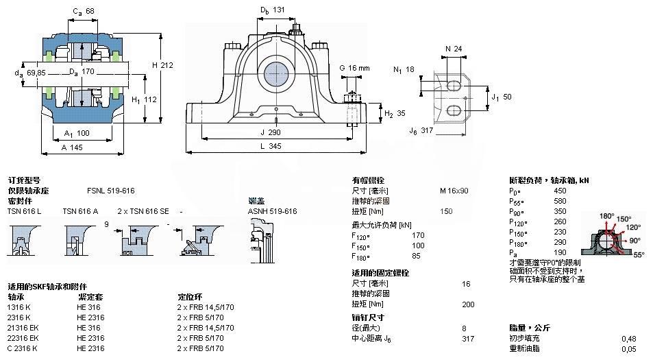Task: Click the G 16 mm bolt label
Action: tap(354, 68)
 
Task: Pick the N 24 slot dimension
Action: tap(453, 49)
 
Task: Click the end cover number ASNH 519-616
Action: tap(272, 211)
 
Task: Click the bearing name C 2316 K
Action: tap(22, 348)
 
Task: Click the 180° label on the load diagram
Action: tap(607, 216)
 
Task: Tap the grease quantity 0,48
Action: tap(628, 338)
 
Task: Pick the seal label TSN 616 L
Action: tap(24, 211)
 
